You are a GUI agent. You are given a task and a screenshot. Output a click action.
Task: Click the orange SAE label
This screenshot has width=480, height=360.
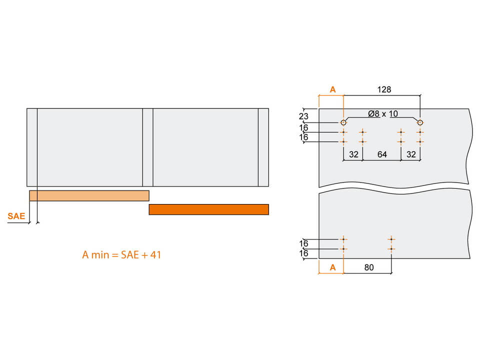[x=16, y=216]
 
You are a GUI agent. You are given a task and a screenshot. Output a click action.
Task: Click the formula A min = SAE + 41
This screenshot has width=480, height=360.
[x=121, y=254]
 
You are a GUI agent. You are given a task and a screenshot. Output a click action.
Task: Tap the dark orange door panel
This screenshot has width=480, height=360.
[x=209, y=209]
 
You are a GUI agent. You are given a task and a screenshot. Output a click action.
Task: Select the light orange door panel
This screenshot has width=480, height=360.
[x=89, y=195]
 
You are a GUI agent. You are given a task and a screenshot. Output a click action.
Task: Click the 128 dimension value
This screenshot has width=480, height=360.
[x=384, y=89]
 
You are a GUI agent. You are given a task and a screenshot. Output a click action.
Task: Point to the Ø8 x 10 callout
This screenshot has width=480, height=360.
[x=383, y=114]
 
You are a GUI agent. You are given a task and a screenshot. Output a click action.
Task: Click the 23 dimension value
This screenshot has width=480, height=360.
[x=303, y=116]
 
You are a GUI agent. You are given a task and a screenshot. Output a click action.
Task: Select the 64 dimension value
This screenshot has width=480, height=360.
[x=382, y=154]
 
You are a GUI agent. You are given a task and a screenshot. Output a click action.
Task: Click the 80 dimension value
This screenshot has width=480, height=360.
[x=369, y=267]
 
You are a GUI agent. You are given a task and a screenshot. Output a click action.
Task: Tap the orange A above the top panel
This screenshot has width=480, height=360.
[x=333, y=89]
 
